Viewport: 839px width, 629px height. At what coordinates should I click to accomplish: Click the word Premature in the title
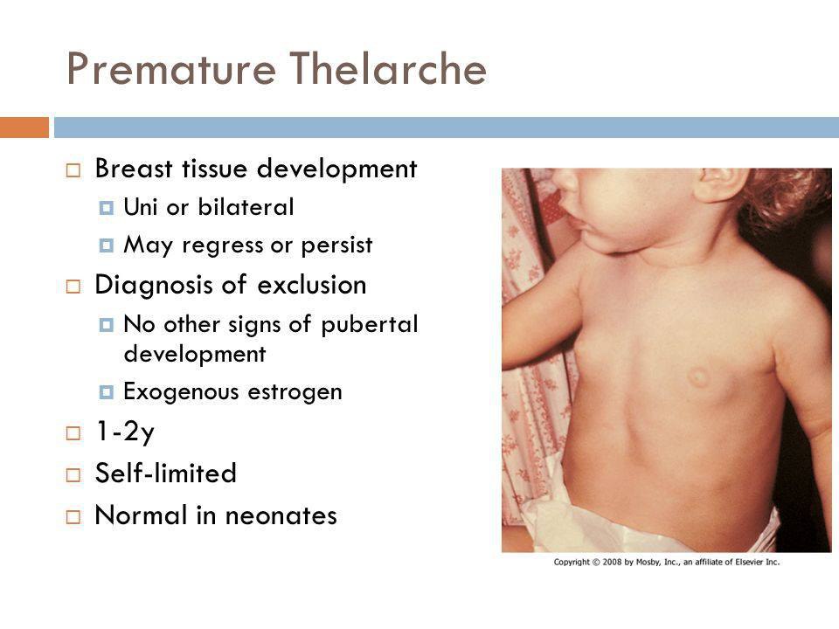pos(171,69)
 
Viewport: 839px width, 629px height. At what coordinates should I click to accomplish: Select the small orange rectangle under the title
pos(24,128)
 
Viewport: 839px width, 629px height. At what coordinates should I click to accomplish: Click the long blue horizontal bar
pos(447,128)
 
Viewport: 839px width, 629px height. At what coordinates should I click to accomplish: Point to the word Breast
pos(134,169)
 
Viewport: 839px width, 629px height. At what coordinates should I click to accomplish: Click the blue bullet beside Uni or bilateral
pos(107,208)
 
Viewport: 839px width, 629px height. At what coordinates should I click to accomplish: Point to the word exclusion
pos(312,285)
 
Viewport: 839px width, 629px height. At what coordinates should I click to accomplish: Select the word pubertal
pos(369,325)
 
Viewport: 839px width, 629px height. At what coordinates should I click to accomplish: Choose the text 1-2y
pos(125,432)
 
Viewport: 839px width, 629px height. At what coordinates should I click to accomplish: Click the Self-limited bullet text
pos(166,473)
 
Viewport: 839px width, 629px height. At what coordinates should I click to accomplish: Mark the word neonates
pos(281,515)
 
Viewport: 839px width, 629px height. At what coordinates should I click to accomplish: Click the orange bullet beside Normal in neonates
pos(73,516)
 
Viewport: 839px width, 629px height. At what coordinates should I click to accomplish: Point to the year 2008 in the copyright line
pos(612,562)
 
